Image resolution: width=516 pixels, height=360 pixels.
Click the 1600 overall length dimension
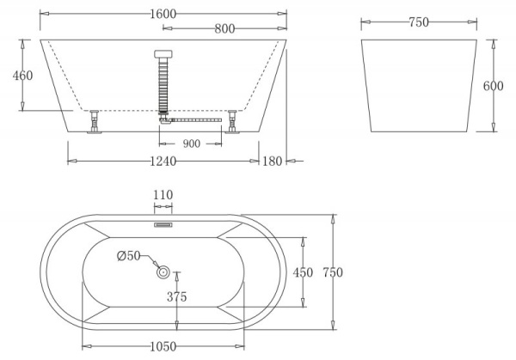[163, 13]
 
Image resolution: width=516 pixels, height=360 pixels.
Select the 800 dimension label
[225, 29]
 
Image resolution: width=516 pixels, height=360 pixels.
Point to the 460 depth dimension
[22, 76]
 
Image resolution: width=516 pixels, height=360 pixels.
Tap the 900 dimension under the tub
[191, 143]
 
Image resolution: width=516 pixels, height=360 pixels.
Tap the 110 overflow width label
[163, 196]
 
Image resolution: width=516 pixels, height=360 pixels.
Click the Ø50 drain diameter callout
[128, 254]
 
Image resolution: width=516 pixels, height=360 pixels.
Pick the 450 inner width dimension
[303, 272]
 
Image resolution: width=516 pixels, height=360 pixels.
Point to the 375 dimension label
[178, 297]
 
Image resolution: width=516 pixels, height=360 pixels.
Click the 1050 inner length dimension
[163, 346]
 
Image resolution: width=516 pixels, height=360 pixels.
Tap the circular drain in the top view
[163, 272]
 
